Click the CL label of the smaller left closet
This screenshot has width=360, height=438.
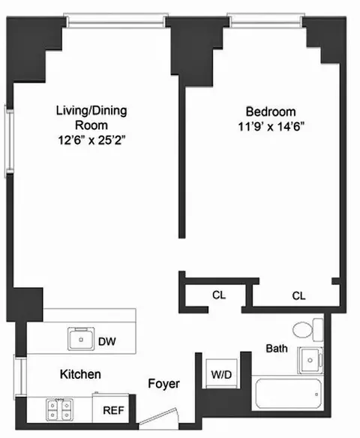point(218,295)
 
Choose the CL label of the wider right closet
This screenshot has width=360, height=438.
point(298,295)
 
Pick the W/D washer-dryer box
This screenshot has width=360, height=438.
point(220,372)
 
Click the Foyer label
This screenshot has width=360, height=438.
point(163,384)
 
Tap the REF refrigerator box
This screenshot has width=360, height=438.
point(114,410)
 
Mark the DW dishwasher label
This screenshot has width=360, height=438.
point(107,342)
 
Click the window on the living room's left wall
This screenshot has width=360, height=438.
point(10,139)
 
